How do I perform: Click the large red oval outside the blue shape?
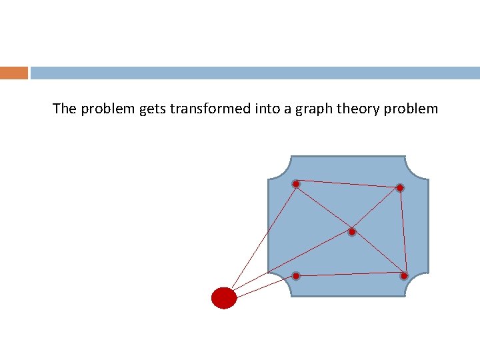(224, 297)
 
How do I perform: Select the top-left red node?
(296, 183)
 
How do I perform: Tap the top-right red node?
(399, 188)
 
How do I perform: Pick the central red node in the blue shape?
(352, 232)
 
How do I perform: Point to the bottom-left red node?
(296, 275)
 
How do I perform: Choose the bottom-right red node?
(404, 275)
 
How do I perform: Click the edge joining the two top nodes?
(347, 185)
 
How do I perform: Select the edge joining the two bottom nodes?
(350, 274)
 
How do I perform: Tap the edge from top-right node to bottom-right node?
(401, 231)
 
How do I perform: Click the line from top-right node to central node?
(376, 210)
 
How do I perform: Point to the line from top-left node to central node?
(324, 207)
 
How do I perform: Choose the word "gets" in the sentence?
(152, 109)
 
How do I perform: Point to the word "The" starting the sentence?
(65, 109)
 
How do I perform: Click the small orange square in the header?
(13, 73)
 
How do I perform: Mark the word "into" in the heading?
(266, 109)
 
